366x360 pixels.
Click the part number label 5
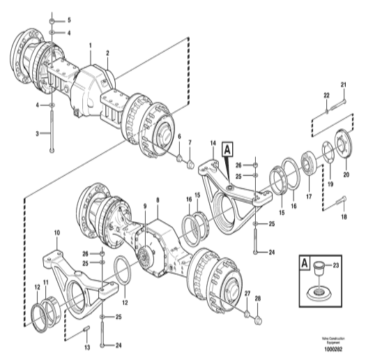68,20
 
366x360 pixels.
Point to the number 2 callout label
107,52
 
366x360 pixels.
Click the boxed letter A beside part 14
228,149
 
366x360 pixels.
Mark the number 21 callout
344,85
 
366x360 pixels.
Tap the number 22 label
325,94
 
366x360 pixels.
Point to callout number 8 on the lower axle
158,200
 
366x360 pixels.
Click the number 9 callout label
144,206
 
